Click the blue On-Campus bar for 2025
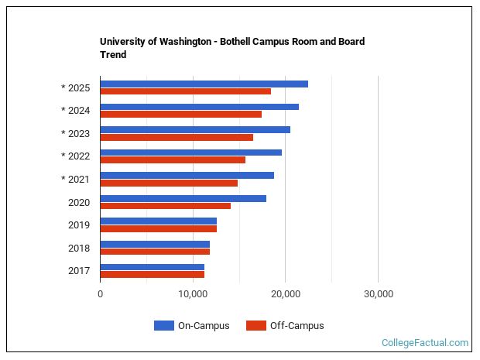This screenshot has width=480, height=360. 204,84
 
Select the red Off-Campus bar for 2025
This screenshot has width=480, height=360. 185,91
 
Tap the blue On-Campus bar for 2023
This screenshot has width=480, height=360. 195,129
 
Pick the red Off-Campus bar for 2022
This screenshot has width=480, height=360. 173,160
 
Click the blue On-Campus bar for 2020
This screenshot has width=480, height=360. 183,198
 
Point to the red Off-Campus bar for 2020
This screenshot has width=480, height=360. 165,206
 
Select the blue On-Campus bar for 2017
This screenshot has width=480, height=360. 152,267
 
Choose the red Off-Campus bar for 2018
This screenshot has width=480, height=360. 155,252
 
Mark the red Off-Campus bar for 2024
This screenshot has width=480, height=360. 180,115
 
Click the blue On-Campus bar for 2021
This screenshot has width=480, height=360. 187,175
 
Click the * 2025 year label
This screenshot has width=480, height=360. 75,87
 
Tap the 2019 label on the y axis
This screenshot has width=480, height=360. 78,225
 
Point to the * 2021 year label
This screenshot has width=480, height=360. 75,180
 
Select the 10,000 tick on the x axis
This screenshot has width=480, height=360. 192,294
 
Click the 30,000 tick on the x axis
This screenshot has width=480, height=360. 378,294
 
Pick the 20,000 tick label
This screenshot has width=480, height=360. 285,294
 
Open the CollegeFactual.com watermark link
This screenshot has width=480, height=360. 425,342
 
